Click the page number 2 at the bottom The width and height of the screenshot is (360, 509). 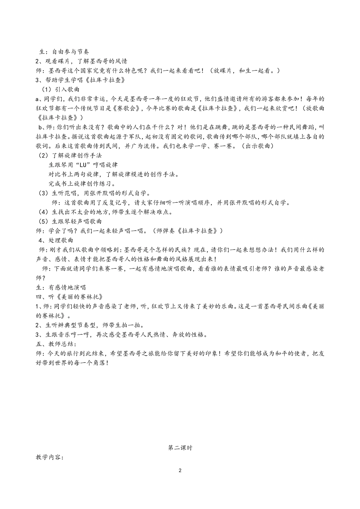[x=180, y=471]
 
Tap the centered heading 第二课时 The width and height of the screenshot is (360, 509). [x=180, y=448]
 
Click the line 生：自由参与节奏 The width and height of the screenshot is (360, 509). [x=64, y=52]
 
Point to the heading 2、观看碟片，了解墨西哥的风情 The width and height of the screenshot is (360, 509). [x=81, y=61]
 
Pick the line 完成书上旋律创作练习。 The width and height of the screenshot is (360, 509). [x=82, y=184]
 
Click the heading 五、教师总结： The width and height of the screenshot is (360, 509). [x=56, y=344]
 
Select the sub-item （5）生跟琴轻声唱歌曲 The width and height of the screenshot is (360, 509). [x=70, y=221]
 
